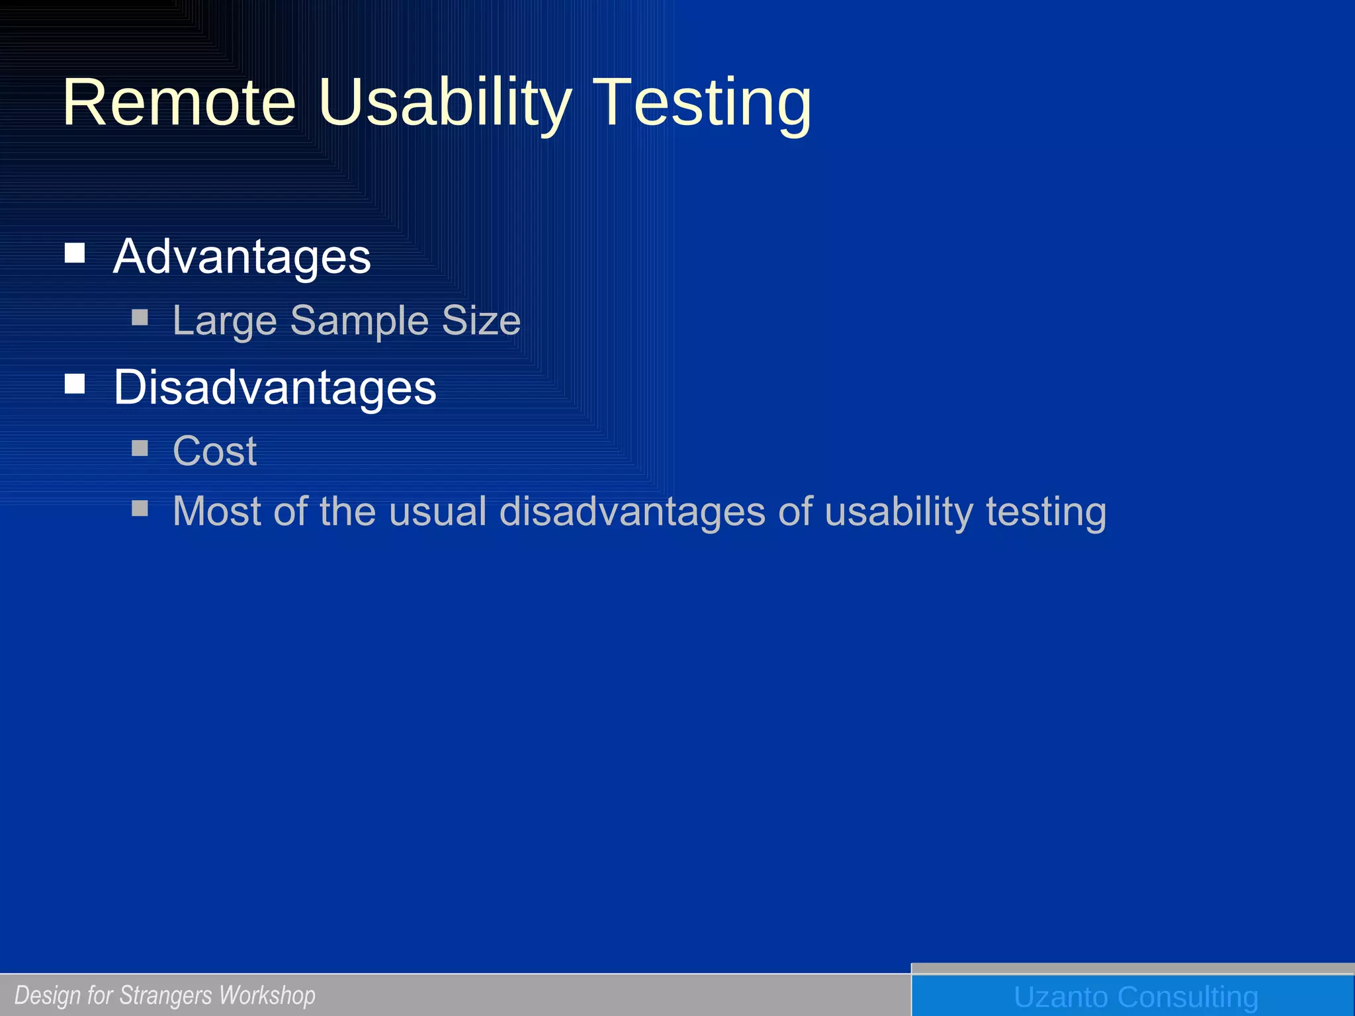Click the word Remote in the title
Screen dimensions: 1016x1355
click(179, 103)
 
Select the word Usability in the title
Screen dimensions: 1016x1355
click(444, 103)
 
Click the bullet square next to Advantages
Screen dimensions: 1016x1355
click(75, 253)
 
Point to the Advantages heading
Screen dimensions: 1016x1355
click(241, 257)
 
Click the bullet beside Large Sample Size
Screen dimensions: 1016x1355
click(140, 318)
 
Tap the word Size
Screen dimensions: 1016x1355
click(481, 321)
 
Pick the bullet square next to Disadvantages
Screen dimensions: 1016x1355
click(75, 384)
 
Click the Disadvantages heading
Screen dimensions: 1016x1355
click(275, 388)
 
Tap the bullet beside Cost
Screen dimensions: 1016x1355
click(140, 448)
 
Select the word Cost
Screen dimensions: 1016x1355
click(214, 452)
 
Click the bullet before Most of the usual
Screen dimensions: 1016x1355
click(140, 508)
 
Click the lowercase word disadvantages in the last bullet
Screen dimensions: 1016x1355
click(632, 511)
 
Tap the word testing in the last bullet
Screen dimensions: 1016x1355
click(1046, 511)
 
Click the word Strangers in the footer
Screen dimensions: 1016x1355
click(167, 995)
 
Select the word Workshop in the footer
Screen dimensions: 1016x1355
click(267, 995)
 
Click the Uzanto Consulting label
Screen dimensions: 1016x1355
click(1135, 997)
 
